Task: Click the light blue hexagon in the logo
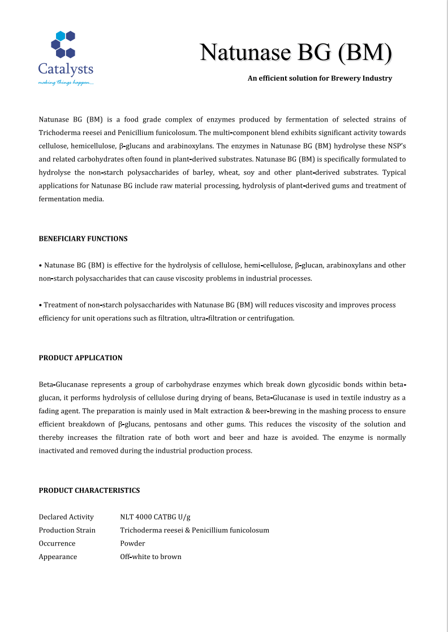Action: [x=61, y=36]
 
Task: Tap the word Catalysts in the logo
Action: [x=66, y=69]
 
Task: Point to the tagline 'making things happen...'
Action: [x=66, y=83]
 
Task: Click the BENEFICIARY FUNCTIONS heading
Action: [x=83, y=239]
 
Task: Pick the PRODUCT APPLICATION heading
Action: [x=80, y=358]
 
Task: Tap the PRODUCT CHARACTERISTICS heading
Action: [x=89, y=490]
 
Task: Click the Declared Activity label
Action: [x=66, y=517]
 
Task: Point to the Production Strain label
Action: [x=67, y=530]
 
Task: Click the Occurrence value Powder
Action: [x=132, y=543]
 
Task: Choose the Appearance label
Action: [x=58, y=557]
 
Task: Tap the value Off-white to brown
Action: [x=150, y=557]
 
